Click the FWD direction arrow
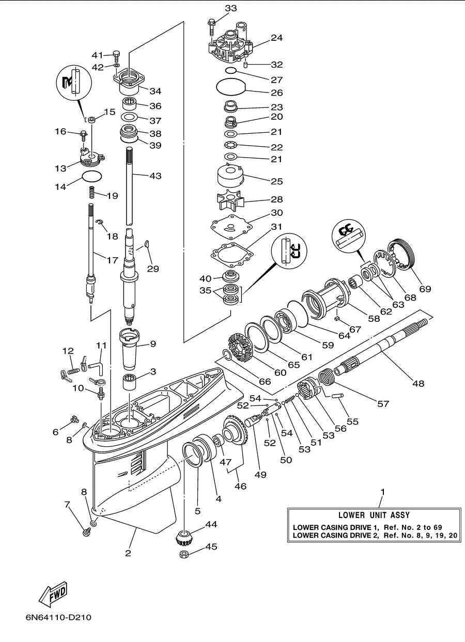point(53,594)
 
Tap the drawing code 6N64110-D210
point(58,625)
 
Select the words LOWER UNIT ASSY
point(374,515)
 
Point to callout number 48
point(418,383)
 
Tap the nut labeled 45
point(184,554)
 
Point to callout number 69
point(425,289)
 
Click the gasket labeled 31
point(232,255)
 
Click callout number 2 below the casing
point(128,553)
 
